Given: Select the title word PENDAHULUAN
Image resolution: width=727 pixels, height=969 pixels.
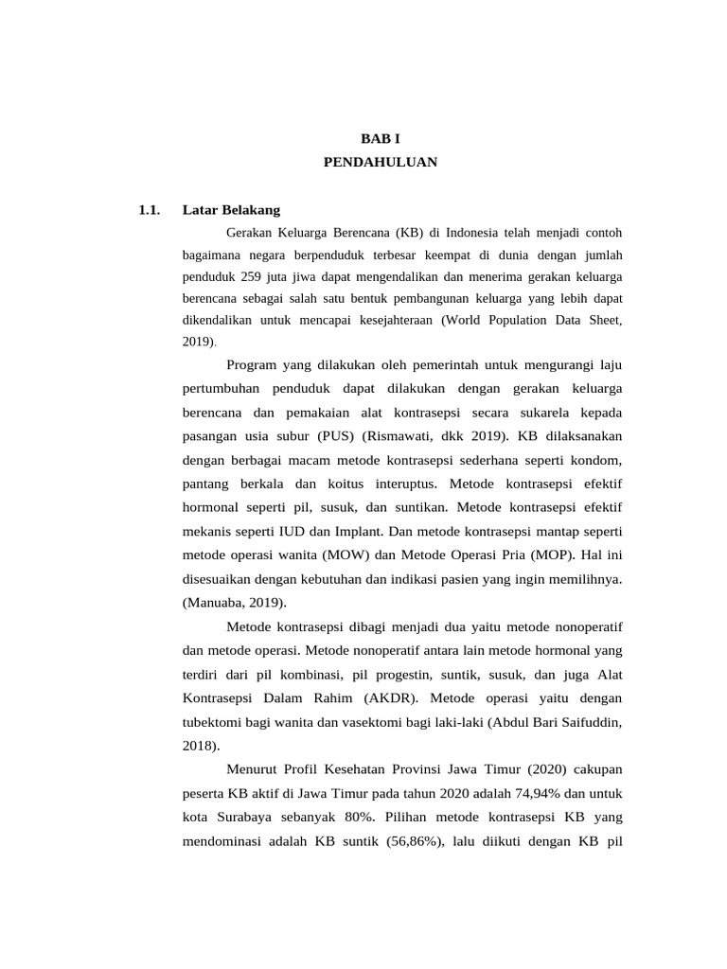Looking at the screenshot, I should [x=381, y=162].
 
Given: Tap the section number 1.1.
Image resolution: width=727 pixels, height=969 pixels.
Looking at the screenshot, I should [x=148, y=209].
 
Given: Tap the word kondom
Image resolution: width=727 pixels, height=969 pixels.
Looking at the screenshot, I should [x=600, y=460].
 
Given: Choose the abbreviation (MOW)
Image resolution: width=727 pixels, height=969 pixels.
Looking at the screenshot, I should [x=348, y=554].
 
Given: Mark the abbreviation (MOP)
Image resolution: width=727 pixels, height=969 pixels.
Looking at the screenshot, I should [x=556, y=554].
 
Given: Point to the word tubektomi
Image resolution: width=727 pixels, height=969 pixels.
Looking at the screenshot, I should [x=213, y=722].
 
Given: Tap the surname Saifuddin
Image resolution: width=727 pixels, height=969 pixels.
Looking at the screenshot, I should [x=589, y=722].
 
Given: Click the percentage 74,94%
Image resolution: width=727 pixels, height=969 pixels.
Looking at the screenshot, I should [x=515, y=792].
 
